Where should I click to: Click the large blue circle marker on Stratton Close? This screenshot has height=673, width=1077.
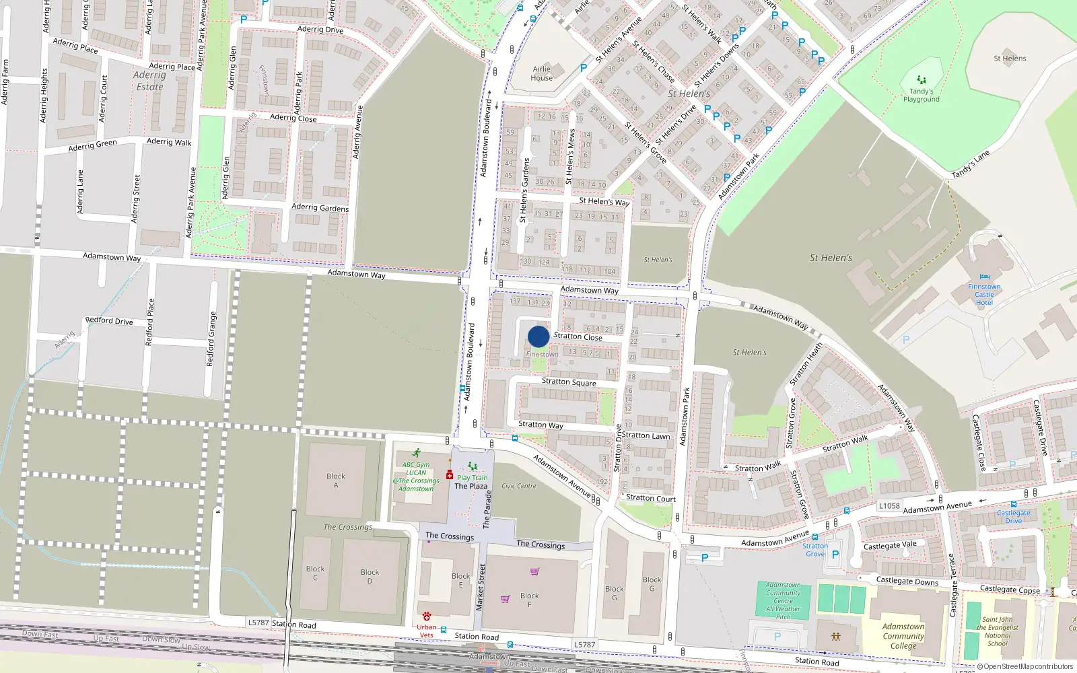click(538, 336)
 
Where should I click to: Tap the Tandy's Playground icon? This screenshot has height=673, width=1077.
click(921, 80)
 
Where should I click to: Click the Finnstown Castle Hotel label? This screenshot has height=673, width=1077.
click(984, 294)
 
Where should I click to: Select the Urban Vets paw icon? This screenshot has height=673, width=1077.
click(427, 616)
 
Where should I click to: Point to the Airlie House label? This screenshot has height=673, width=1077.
click(542, 73)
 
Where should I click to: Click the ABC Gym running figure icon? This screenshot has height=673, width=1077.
click(417, 453)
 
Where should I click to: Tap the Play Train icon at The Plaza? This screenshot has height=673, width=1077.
click(473, 466)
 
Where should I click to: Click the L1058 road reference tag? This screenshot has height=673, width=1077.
click(889, 506)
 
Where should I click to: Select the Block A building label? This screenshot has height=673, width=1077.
click(336, 481)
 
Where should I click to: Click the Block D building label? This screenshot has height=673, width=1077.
click(370, 576)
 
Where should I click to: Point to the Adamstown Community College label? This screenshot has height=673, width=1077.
click(903, 636)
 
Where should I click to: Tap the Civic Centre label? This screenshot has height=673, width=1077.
click(519, 486)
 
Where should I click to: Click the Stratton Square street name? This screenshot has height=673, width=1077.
click(569, 382)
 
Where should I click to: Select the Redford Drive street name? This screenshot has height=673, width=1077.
click(109, 321)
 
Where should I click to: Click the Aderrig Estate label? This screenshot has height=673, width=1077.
click(149, 81)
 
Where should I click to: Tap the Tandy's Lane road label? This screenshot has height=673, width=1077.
click(971, 165)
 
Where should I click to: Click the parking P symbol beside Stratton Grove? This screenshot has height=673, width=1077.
click(835, 555)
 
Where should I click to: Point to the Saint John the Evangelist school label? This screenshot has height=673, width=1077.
click(998, 631)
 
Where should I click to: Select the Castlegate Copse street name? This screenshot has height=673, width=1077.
click(1010, 590)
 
